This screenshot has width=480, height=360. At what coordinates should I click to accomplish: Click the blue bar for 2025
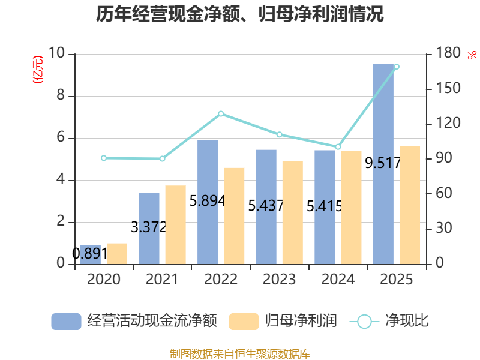click(383, 164)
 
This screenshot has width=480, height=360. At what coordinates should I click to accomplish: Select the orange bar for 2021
click(176, 224)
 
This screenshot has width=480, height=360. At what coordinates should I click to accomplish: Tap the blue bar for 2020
click(91, 254)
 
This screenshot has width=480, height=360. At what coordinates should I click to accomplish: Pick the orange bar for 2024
click(351, 207)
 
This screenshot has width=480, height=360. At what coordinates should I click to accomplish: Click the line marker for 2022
click(221, 114)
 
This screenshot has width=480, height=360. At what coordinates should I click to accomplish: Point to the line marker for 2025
click(397, 67)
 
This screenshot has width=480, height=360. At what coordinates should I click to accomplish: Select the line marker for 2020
click(104, 158)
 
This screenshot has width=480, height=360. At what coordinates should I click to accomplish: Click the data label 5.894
click(207, 201)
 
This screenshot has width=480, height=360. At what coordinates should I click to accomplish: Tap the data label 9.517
click(383, 163)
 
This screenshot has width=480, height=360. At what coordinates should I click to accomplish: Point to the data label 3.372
click(148, 227)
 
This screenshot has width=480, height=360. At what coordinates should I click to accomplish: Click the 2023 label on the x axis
click(279, 279)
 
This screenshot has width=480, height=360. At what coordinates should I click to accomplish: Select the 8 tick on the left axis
click(61, 95)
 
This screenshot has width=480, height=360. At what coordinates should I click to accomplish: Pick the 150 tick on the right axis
click(448, 88)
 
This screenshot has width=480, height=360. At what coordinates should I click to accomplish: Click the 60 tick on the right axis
click(444, 193)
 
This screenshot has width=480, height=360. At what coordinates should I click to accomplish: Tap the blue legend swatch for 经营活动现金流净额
click(66, 322)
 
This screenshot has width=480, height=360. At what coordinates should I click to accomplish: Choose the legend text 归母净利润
click(301, 321)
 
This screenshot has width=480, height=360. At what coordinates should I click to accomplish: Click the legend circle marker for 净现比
click(364, 322)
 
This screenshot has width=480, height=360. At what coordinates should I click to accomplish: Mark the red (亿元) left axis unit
click(38, 70)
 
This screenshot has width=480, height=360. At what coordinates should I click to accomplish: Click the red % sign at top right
click(472, 55)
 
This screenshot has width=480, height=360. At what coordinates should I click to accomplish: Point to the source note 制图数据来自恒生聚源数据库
click(240, 354)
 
